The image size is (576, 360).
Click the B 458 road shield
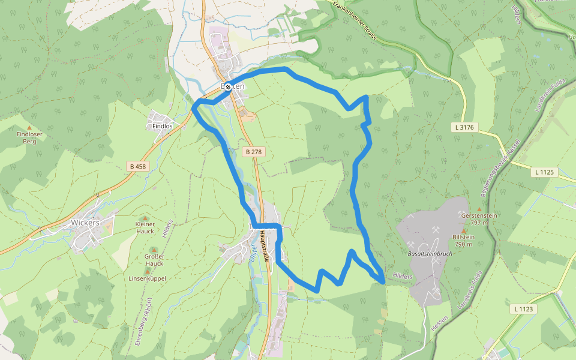click(137, 166)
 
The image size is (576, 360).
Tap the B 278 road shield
click(254, 152)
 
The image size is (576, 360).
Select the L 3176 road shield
click(464, 127)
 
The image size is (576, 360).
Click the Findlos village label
click(162, 126)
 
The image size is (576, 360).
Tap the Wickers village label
click(85, 222)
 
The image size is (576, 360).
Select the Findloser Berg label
click(29, 138)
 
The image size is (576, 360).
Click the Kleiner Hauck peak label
click(145, 227)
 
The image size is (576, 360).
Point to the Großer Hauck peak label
click(154, 260)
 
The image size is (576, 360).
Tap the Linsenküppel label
click(147, 278)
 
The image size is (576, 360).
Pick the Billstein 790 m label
click(464, 241)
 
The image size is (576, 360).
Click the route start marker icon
click(228, 87)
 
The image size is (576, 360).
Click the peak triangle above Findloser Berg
click(29, 127)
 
